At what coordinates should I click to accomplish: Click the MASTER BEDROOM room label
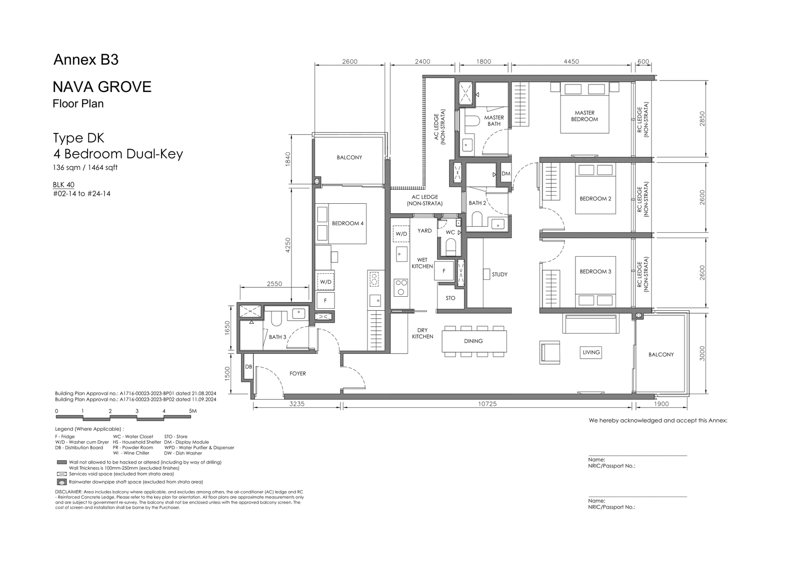[x=584, y=116]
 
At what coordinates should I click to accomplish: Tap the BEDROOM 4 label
[x=347, y=223]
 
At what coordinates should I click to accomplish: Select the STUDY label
[x=499, y=274]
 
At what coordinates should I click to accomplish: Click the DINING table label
[x=473, y=341]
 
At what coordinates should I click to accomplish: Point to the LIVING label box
[x=591, y=352]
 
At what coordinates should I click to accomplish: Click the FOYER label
[x=297, y=374]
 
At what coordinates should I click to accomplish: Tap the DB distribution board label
[x=248, y=367]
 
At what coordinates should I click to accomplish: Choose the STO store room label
[x=450, y=298]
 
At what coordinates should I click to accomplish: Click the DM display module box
[x=505, y=174]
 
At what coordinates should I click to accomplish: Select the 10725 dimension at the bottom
[x=487, y=404]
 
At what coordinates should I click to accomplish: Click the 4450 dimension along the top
[x=571, y=61]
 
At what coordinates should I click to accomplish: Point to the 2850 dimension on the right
[x=702, y=118]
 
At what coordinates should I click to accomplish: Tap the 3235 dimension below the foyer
[x=297, y=404]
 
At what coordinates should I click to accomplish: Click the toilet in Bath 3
[x=276, y=318]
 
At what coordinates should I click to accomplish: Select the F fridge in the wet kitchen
[x=444, y=271]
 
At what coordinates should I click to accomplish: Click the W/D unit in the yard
[x=401, y=234]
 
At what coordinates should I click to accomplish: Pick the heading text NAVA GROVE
[x=102, y=87]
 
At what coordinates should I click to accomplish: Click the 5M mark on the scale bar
[x=192, y=411]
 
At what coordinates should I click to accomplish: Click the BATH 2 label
[x=477, y=203]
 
